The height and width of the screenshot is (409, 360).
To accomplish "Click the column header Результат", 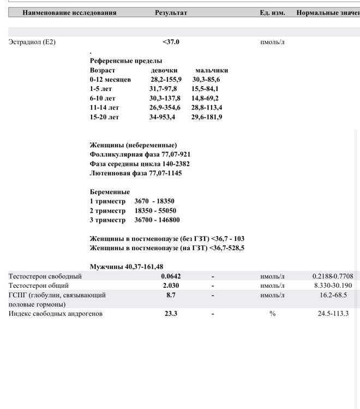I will click(x=171, y=13).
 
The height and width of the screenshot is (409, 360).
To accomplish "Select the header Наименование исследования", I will click(x=63, y=13).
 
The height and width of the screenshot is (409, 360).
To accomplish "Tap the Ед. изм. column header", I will click(x=272, y=13).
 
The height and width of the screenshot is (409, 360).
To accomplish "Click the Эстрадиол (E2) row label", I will click(x=32, y=41).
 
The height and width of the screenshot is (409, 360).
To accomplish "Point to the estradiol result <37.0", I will click(x=171, y=41).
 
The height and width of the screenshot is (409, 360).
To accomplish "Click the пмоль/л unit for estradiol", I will click(x=272, y=41).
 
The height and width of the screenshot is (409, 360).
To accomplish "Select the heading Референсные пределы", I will click(x=126, y=61).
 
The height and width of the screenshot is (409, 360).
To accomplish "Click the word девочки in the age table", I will click(x=164, y=70).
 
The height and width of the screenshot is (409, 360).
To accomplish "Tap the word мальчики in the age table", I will click(x=212, y=70).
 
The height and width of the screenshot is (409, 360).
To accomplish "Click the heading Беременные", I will click(x=110, y=192).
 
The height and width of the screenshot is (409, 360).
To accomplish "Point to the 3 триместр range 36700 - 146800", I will click(x=157, y=220).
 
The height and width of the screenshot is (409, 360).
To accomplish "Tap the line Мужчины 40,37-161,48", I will click(x=127, y=266).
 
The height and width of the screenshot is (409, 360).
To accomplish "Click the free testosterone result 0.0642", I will click(x=171, y=276).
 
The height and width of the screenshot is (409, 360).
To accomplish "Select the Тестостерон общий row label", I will click(x=38, y=285).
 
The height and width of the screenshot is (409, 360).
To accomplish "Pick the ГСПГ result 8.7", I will click(x=171, y=294).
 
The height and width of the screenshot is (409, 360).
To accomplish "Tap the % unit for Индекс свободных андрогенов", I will click(x=272, y=314).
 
